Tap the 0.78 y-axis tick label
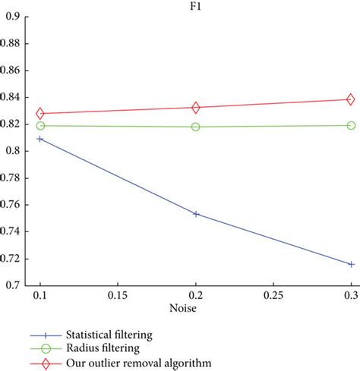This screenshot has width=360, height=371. point(14,178)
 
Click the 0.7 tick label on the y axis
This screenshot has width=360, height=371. point(17,285)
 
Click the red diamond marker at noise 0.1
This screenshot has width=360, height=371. point(40,113)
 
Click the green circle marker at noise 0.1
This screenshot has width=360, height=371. point(40,125)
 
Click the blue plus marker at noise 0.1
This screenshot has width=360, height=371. point(40,139)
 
